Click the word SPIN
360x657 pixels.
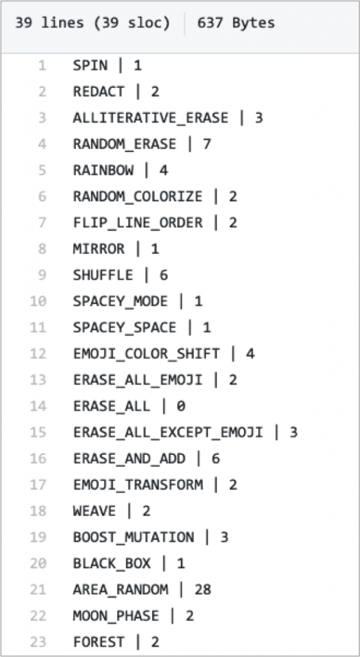click(90, 65)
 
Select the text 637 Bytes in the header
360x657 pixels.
click(236, 22)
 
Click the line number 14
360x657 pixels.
click(38, 406)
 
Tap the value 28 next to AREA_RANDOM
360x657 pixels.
click(203, 590)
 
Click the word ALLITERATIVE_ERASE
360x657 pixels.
click(150, 118)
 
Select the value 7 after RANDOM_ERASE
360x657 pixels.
click(207, 144)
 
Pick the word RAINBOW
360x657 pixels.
click(103, 170)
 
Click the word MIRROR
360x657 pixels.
click(99, 249)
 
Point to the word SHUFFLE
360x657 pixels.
click(103, 275)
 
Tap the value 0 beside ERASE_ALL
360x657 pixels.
click(180, 406)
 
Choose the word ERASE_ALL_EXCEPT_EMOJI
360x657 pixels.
click(168, 432)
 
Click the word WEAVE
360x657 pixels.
click(94, 511)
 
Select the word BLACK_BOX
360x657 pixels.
click(112, 563)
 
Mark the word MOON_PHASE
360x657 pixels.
click(116, 615)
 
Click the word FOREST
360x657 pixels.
click(99, 642)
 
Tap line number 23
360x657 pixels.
click(38, 642)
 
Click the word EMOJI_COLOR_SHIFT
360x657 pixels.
click(146, 354)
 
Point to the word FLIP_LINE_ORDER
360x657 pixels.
click(138, 223)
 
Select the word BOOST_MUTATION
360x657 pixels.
click(133, 537)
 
